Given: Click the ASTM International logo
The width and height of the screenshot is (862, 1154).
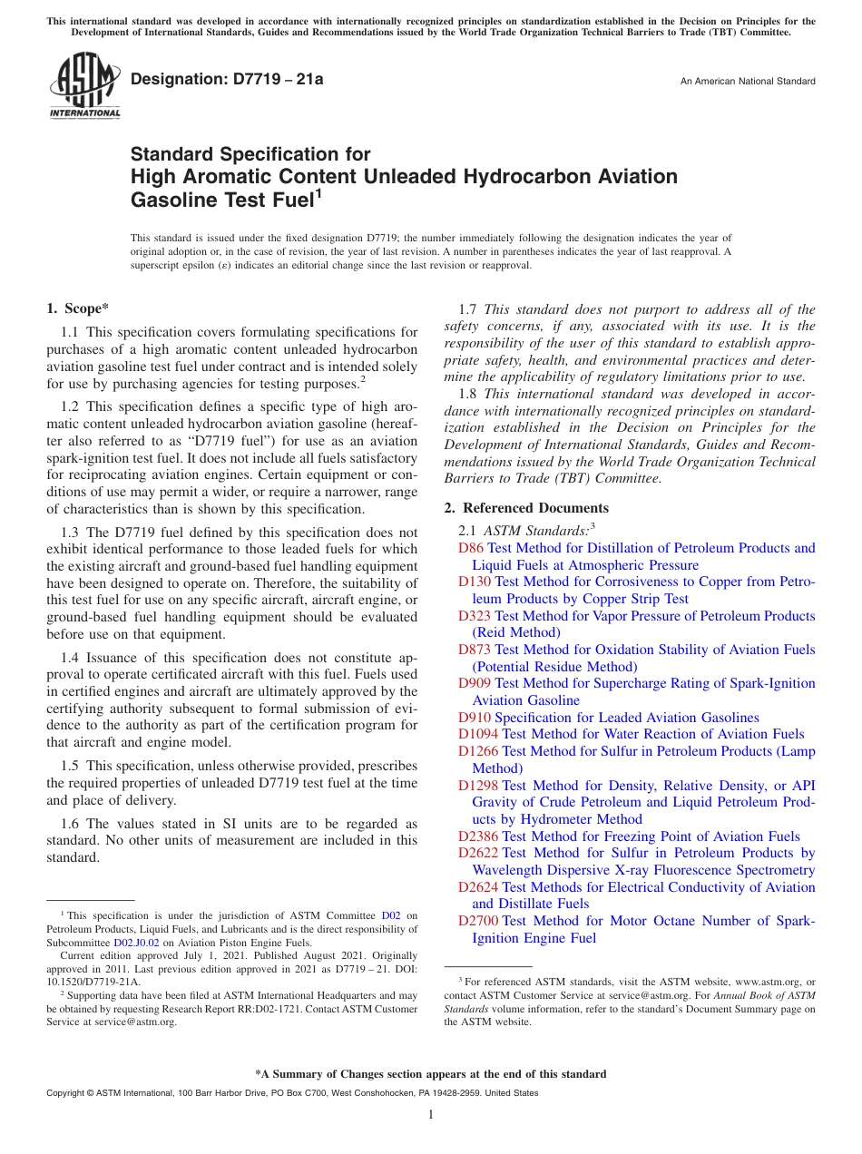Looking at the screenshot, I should (x=84, y=87).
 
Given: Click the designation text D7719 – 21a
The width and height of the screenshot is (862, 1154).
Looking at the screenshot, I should (x=227, y=80).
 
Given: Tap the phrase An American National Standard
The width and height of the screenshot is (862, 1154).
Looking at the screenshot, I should (x=748, y=82).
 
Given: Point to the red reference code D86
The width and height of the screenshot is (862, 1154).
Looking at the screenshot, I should (x=470, y=548).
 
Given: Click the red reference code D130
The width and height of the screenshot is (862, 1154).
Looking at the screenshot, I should (x=475, y=582).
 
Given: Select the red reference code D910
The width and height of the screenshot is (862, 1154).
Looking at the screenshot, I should (x=475, y=718).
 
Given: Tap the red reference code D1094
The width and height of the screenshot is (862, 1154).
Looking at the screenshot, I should (x=478, y=734).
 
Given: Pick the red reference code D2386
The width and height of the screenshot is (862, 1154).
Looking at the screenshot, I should (x=478, y=836).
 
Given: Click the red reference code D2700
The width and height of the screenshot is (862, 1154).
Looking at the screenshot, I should (x=478, y=921).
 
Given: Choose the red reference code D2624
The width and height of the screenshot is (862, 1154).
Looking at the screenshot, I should (x=478, y=887).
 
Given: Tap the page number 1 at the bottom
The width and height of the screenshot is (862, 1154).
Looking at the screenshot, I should (x=431, y=1115).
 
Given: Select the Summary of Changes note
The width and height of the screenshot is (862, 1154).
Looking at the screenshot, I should (x=431, y=1074).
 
